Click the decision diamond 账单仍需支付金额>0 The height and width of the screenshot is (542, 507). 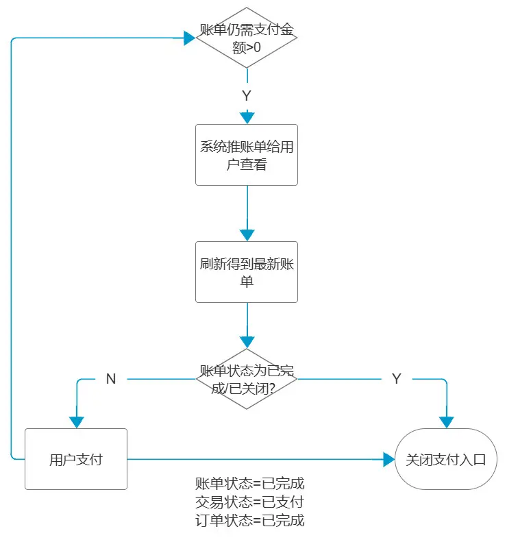click(x=247, y=38)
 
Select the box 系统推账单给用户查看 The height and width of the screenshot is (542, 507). click(x=247, y=155)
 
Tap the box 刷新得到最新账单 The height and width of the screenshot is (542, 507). click(x=247, y=272)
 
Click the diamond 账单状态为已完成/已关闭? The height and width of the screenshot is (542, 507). click(x=247, y=379)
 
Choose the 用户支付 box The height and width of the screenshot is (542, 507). click(x=76, y=459)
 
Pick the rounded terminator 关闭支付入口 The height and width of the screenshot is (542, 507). click(x=446, y=459)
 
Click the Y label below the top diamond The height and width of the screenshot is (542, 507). click(x=247, y=96)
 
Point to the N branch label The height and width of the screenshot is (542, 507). click(x=111, y=379)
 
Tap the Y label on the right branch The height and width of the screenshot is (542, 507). click(x=396, y=379)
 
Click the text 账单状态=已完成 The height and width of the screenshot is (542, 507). click(x=249, y=484)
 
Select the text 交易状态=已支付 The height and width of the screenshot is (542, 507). click(x=249, y=502)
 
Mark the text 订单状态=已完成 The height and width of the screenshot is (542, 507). click(x=249, y=520)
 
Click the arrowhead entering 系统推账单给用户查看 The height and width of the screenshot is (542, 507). click(x=247, y=118)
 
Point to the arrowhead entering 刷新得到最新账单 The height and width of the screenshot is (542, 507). click(x=247, y=235)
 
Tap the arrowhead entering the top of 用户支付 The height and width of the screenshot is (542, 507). click(x=76, y=422)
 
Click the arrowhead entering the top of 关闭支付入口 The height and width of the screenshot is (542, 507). click(x=446, y=422)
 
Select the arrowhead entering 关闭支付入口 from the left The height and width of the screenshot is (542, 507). click(x=388, y=459)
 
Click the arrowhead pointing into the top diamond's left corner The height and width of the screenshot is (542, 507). click(x=189, y=38)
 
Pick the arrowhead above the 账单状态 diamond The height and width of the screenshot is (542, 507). click(x=247, y=342)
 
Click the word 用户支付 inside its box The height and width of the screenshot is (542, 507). click(x=76, y=459)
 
